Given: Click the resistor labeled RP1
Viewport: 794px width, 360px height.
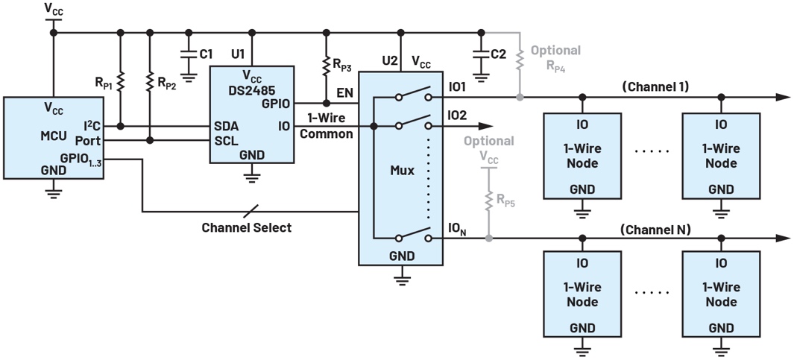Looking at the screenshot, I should click(121, 80).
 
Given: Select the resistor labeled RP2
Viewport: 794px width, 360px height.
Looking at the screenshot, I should click(150, 80).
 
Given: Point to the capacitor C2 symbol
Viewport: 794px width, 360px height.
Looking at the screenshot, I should click(481, 56).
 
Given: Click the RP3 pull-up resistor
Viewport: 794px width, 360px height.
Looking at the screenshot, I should click(326, 67).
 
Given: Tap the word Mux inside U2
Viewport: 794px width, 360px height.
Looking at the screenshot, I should click(402, 169).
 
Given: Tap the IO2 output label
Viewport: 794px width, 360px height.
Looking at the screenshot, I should click(458, 116).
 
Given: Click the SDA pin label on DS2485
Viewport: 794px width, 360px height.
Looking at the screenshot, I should click(226, 126).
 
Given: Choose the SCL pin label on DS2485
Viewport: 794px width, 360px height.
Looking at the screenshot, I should click(226, 140).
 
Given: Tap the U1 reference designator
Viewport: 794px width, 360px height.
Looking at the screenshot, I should click(237, 54).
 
